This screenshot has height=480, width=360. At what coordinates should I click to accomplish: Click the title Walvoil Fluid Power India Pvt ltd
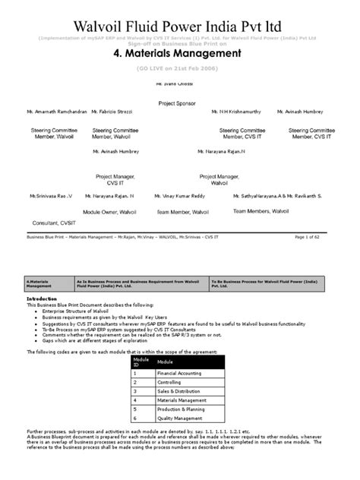[179, 27]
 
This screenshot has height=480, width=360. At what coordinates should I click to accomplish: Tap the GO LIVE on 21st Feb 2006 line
[179, 68]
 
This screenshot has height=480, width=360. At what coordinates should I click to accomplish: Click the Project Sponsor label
[177, 102]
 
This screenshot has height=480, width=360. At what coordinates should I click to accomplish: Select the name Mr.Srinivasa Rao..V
[51, 196]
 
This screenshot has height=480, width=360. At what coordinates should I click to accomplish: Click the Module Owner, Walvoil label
[111, 212]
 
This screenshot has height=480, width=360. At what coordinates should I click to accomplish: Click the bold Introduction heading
[42, 299]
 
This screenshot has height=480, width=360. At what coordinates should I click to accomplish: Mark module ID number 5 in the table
[134, 409]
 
